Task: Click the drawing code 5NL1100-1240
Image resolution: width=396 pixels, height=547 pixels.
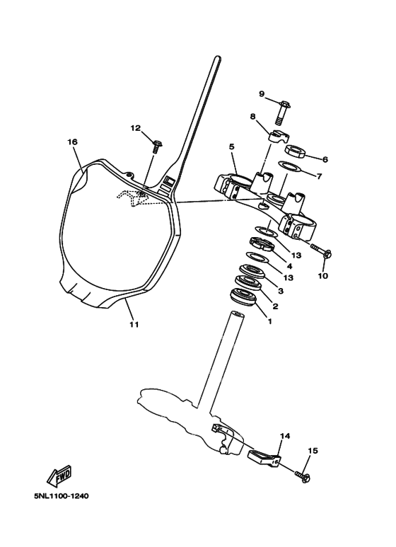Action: pyautogui.click(x=62, y=496)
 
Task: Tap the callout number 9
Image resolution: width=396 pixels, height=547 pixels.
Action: pyautogui.click(x=262, y=94)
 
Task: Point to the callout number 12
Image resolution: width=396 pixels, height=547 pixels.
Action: pyautogui.click(x=135, y=128)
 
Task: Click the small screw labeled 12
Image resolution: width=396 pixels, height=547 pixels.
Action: pyautogui.click(x=156, y=146)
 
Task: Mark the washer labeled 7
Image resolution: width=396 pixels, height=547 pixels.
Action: pyautogui.click(x=289, y=167)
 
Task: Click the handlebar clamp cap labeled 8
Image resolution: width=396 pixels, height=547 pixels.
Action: pyautogui.click(x=278, y=137)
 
